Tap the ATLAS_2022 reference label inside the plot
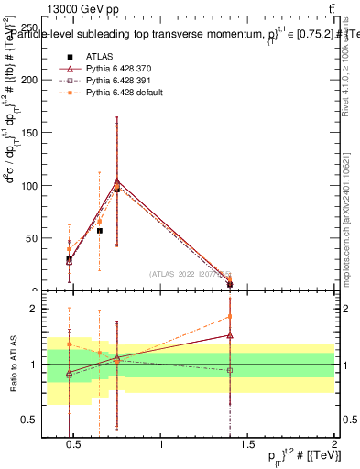click(190, 274)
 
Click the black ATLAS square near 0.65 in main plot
click(100, 231)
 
